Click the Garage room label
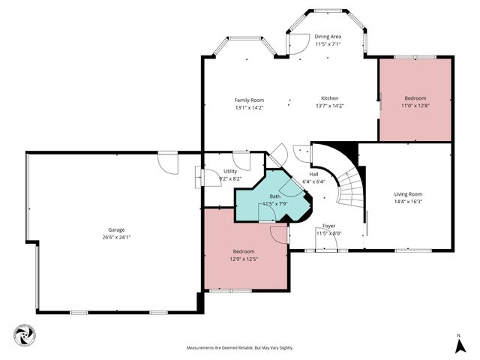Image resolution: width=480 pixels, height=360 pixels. pos(115,229)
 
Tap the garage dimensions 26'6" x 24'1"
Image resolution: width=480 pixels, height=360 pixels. pos(115,237)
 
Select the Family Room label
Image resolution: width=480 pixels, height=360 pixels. pos(249,100)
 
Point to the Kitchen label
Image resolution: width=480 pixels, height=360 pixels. pos(330,98)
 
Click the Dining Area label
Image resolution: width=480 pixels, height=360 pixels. pos(328,37)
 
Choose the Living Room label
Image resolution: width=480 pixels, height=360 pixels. pos(409,194)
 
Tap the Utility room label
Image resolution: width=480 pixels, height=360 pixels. pos(229,172)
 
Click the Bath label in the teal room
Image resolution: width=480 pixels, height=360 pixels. pos(274,196)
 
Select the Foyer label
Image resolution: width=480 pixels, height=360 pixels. pos(328,226)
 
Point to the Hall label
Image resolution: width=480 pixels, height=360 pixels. pos(313,173)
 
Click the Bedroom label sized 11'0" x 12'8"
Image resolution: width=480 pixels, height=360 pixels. pos(415,98)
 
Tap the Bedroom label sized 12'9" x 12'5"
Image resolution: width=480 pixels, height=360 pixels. pos(244,251)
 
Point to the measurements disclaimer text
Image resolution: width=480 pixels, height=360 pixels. pos(239,348)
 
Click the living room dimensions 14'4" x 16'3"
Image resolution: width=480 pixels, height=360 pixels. pos(409,202)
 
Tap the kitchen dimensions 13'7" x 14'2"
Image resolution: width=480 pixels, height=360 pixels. pos(330,106)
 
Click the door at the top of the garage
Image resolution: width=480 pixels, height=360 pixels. pos(167,160)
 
